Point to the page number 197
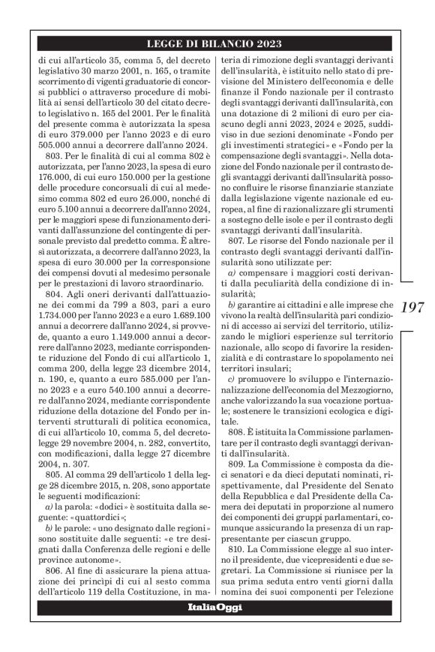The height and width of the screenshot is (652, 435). (x=414, y=307)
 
